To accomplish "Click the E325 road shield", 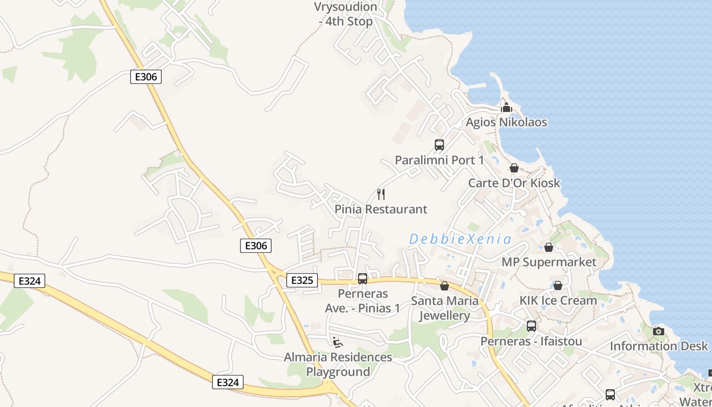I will pyautogui.click(x=302, y=280).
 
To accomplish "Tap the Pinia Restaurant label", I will pyautogui.click(x=381, y=209).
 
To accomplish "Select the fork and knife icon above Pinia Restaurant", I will pyautogui.click(x=381, y=194).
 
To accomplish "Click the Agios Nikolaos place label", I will pyautogui.click(x=507, y=122).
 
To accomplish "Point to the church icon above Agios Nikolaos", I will pyautogui.click(x=506, y=107).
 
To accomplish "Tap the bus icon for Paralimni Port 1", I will pyautogui.click(x=439, y=145).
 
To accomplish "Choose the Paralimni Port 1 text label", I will pyautogui.click(x=439, y=160).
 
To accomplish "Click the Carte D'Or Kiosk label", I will pyautogui.click(x=514, y=183).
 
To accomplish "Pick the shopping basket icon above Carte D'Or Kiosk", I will pyautogui.click(x=514, y=168).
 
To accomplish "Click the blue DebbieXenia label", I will pyautogui.click(x=460, y=239).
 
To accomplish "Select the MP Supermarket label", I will pyautogui.click(x=549, y=262).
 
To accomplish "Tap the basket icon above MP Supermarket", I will pyautogui.click(x=549, y=247).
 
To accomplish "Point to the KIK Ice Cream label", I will pyautogui.click(x=558, y=300).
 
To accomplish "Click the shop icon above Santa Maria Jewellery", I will pyautogui.click(x=444, y=286).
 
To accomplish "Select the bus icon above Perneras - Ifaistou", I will pyautogui.click(x=531, y=326).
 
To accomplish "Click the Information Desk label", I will pyautogui.click(x=659, y=346).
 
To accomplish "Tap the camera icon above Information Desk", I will pyautogui.click(x=659, y=331).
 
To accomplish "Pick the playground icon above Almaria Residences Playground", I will pyautogui.click(x=338, y=342).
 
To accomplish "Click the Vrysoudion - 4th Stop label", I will pyautogui.click(x=346, y=14).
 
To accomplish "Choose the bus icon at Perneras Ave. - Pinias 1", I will pyautogui.click(x=363, y=279).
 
